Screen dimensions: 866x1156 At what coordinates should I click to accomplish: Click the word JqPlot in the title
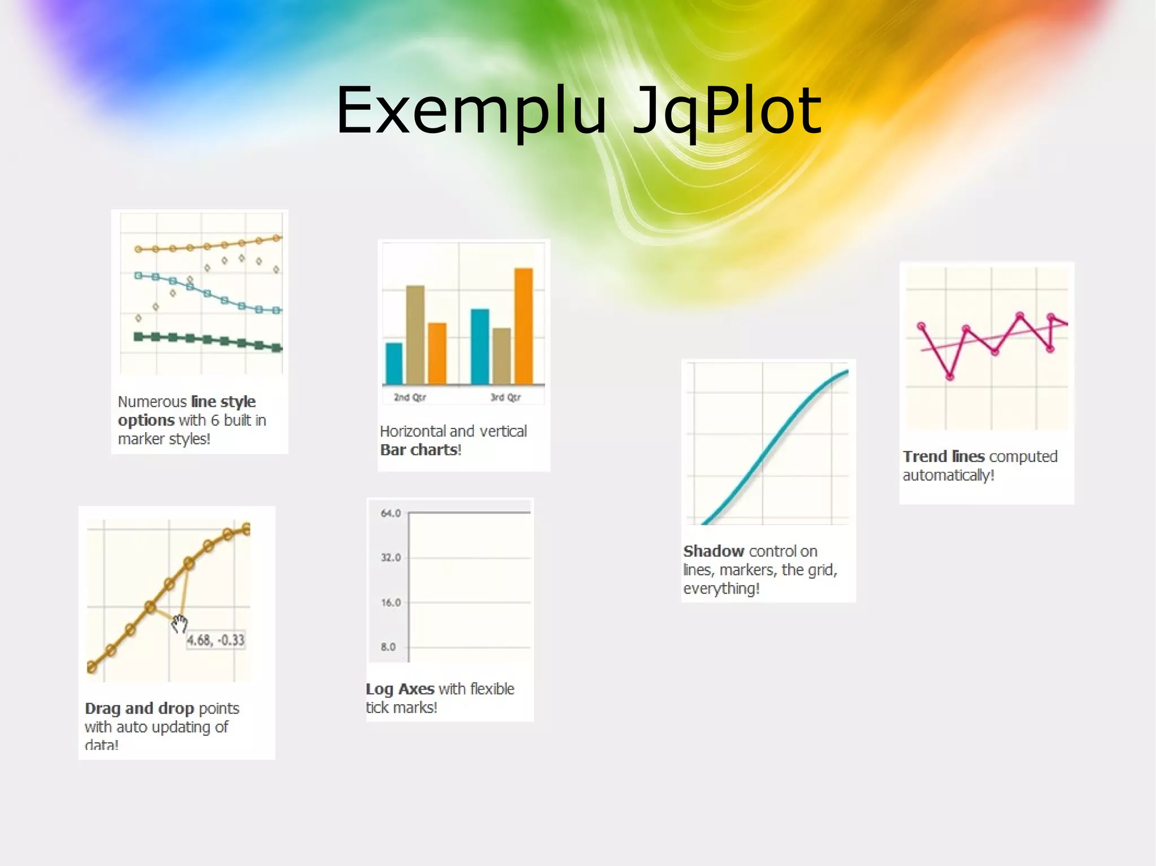coord(727,112)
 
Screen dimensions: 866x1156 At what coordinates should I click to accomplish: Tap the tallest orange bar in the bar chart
coord(523,326)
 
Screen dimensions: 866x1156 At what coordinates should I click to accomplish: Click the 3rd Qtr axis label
coord(505,397)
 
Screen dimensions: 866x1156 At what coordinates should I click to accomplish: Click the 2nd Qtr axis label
coord(410,397)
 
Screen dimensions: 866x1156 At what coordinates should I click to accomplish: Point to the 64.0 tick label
coord(391,513)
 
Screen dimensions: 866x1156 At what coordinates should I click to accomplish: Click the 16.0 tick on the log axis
coord(391,603)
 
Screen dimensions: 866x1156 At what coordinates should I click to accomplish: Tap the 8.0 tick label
coord(388,647)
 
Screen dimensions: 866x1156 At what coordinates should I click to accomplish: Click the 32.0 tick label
coord(391,557)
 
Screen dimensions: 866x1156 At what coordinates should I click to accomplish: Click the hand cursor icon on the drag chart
coord(179,623)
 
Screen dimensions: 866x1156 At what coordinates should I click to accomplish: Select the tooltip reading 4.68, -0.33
coord(216,640)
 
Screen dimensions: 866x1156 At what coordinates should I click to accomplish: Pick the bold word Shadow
coord(713,551)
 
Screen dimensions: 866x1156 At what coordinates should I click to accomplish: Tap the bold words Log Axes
coord(400,689)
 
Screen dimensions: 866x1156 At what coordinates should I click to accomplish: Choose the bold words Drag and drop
coord(139,708)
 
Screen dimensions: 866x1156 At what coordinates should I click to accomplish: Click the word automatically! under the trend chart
coord(948,475)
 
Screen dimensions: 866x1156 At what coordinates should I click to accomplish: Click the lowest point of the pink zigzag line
coord(950,376)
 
